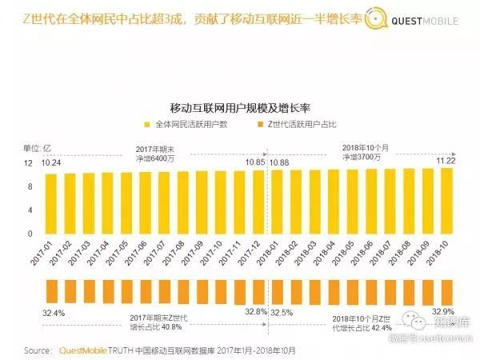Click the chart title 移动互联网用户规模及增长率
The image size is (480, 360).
click(x=239, y=107)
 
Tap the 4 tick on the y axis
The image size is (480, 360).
click(x=30, y=210)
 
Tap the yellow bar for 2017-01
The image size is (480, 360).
click(x=50, y=203)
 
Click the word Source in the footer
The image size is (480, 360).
click(x=40, y=350)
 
